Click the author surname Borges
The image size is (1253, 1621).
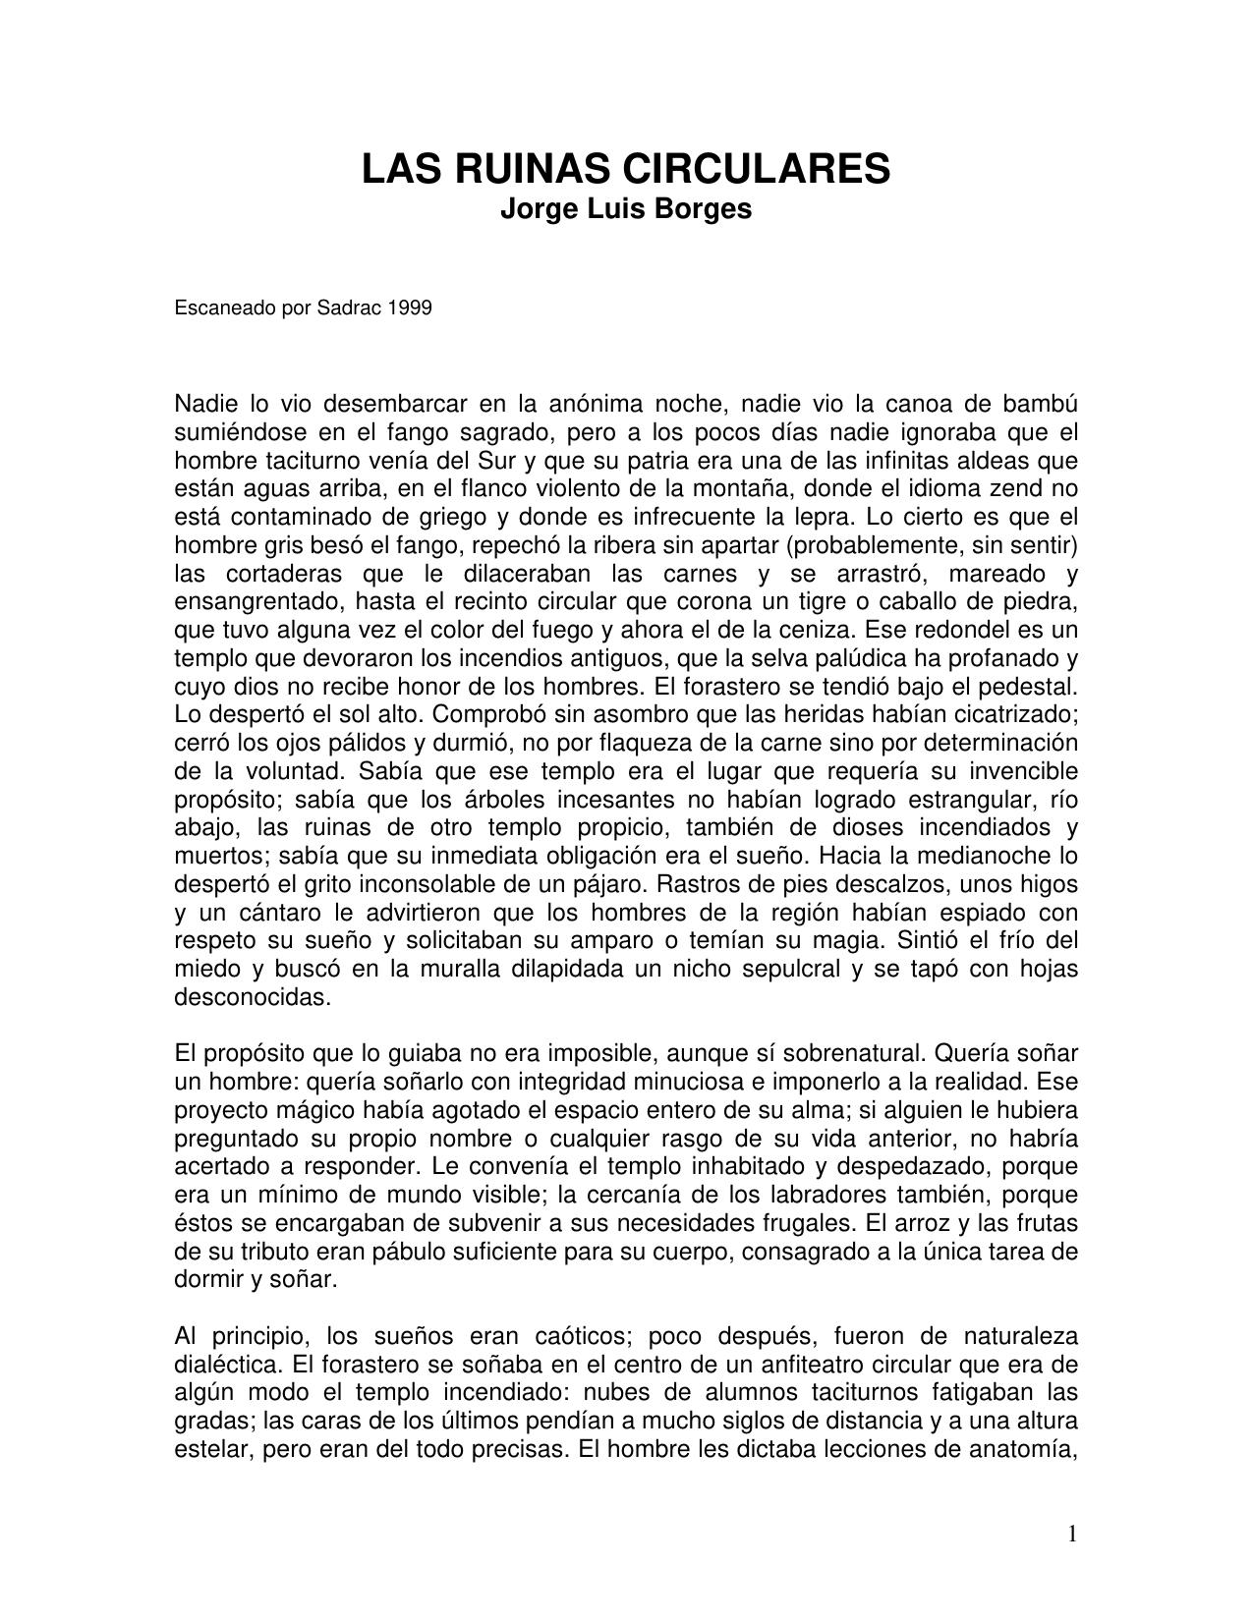[x=706, y=209]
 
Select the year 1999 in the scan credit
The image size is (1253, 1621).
[x=410, y=307]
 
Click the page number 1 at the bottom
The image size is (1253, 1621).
[x=1072, y=1534]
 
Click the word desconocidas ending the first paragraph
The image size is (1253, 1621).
[x=252, y=997]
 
